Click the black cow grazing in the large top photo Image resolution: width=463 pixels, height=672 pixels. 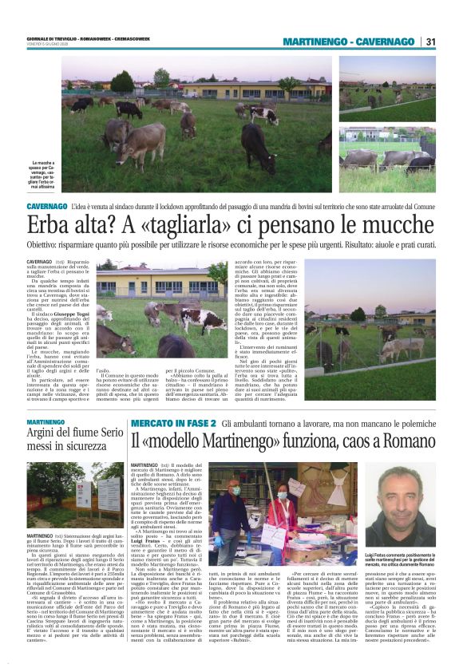(128, 109)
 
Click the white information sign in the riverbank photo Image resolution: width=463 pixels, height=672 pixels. (85, 488)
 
